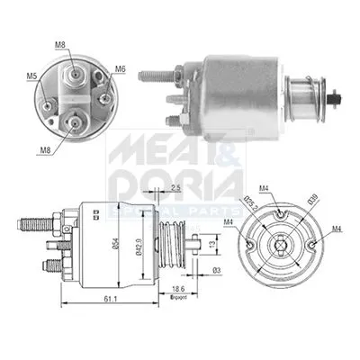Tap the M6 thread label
point(119,68)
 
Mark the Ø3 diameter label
point(216,271)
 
